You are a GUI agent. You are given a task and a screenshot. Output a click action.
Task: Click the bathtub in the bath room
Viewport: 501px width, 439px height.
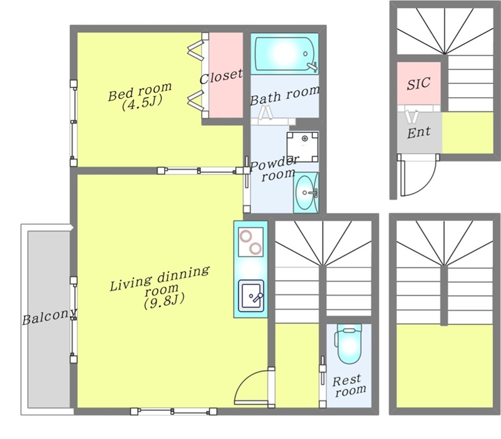point(286,54)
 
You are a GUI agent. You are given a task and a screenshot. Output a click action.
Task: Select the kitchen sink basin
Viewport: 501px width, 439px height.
point(252,296)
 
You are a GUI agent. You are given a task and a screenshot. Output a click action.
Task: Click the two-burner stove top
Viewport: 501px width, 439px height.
point(251,242)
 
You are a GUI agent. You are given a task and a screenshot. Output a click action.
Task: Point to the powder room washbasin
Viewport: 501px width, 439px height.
point(306,193)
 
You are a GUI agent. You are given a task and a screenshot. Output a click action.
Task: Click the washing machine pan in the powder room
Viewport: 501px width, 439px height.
point(302,147)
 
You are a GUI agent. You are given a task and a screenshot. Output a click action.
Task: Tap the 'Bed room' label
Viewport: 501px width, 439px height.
point(140,91)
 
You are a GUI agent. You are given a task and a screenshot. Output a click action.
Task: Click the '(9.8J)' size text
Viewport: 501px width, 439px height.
point(164,301)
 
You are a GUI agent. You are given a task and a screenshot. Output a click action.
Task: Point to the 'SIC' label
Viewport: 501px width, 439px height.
point(418,83)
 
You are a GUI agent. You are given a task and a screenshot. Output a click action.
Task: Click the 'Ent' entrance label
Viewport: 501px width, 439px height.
point(418,132)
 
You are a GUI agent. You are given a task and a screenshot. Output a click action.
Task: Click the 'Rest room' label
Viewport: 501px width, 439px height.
point(349,386)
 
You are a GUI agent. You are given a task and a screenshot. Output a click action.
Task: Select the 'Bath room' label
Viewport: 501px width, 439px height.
point(284,95)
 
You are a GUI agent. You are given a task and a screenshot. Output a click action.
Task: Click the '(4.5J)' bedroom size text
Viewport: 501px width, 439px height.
point(142,103)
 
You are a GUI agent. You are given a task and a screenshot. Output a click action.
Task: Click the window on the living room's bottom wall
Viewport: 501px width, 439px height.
point(174,411)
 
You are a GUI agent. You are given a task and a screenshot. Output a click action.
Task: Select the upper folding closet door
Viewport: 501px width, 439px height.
point(197,50)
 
